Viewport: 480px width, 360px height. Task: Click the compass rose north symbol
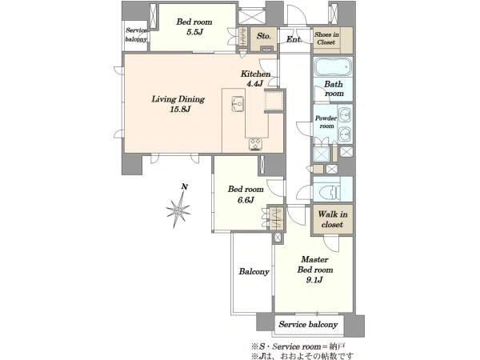pyautogui.click(x=178, y=209)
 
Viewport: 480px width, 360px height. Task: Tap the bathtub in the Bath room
pyautogui.click(x=333, y=66)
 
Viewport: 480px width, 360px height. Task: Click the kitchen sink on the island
pyautogui.click(x=238, y=104)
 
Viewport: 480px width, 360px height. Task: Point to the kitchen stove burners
pyautogui.click(x=255, y=145)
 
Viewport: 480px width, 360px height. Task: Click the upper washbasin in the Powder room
pyautogui.click(x=345, y=114)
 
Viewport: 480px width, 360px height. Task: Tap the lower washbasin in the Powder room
pyautogui.click(x=345, y=134)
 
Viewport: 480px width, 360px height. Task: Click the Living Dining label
pyautogui.click(x=178, y=99)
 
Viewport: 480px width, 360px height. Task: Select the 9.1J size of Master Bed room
pyautogui.click(x=315, y=280)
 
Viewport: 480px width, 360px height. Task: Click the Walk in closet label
pyautogui.click(x=333, y=219)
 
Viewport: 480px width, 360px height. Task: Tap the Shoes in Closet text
pyautogui.click(x=326, y=38)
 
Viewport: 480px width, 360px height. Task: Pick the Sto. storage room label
pyautogui.click(x=264, y=36)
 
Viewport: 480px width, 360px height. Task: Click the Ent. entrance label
pyautogui.click(x=294, y=39)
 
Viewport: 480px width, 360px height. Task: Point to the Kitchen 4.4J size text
pyautogui.click(x=254, y=83)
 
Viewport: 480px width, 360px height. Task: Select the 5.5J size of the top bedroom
pyautogui.click(x=194, y=32)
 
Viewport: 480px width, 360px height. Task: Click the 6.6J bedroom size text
pyautogui.click(x=246, y=200)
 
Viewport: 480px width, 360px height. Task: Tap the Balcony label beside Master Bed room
pyautogui.click(x=254, y=271)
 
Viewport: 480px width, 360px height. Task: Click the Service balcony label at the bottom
pyautogui.click(x=308, y=325)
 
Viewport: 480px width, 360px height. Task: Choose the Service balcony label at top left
pyautogui.click(x=136, y=34)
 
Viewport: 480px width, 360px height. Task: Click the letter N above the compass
pyautogui.click(x=184, y=186)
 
